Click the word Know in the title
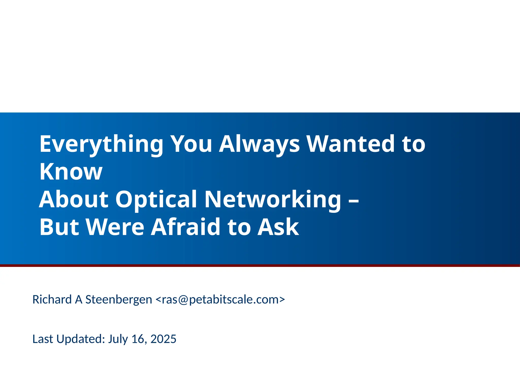click(71, 171)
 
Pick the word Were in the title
click(115, 227)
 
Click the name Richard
click(52, 300)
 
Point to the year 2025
click(163, 339)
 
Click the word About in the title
click(74, 199)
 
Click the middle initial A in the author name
click(78, 300)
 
